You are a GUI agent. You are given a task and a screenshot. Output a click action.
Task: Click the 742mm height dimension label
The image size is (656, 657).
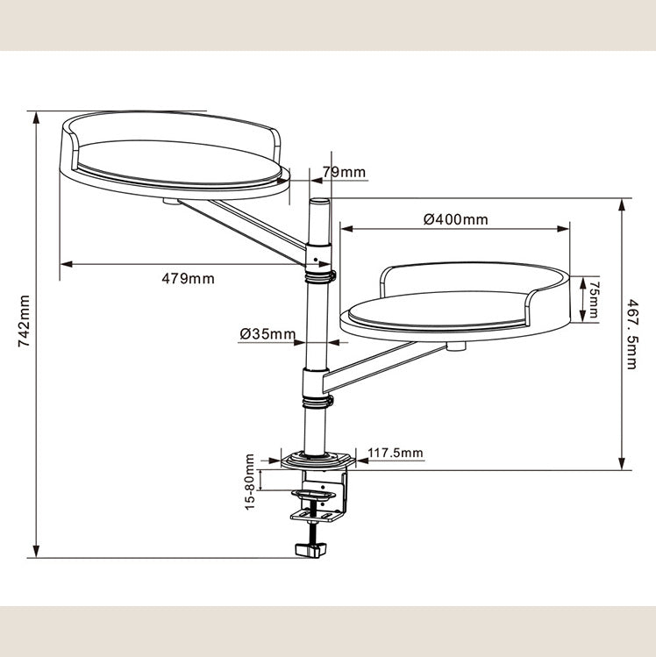24,321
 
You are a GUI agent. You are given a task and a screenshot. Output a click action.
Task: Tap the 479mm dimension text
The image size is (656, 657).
188,279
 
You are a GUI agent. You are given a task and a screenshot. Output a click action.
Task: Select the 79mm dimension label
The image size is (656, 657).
344,172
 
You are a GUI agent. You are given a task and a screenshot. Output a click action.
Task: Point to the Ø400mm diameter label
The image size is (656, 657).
456,219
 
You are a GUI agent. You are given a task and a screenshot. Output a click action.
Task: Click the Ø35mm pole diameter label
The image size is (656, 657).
267,334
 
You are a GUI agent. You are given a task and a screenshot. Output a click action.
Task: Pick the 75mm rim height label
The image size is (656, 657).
592,299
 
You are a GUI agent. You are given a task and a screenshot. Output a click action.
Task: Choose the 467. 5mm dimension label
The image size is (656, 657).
631,334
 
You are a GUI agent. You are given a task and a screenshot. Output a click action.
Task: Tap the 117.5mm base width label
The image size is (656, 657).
396,453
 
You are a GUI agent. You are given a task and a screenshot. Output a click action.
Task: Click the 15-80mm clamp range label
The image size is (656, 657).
250,482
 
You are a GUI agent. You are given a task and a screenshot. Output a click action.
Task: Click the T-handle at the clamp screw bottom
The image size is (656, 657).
310,549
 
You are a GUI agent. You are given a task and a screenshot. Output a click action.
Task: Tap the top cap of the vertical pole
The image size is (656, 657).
318,202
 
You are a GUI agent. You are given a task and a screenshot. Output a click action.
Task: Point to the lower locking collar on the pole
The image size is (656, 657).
318,402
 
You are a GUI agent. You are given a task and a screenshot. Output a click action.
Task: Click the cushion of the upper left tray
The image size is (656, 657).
178,162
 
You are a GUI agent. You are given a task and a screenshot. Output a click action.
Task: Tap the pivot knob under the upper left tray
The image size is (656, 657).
170,202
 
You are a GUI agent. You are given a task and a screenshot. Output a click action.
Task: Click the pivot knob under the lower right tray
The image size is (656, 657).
456,346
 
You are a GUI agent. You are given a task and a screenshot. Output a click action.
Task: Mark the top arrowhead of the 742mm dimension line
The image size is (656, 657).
37,118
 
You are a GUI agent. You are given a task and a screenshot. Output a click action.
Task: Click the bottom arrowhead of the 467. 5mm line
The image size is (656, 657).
622,464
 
